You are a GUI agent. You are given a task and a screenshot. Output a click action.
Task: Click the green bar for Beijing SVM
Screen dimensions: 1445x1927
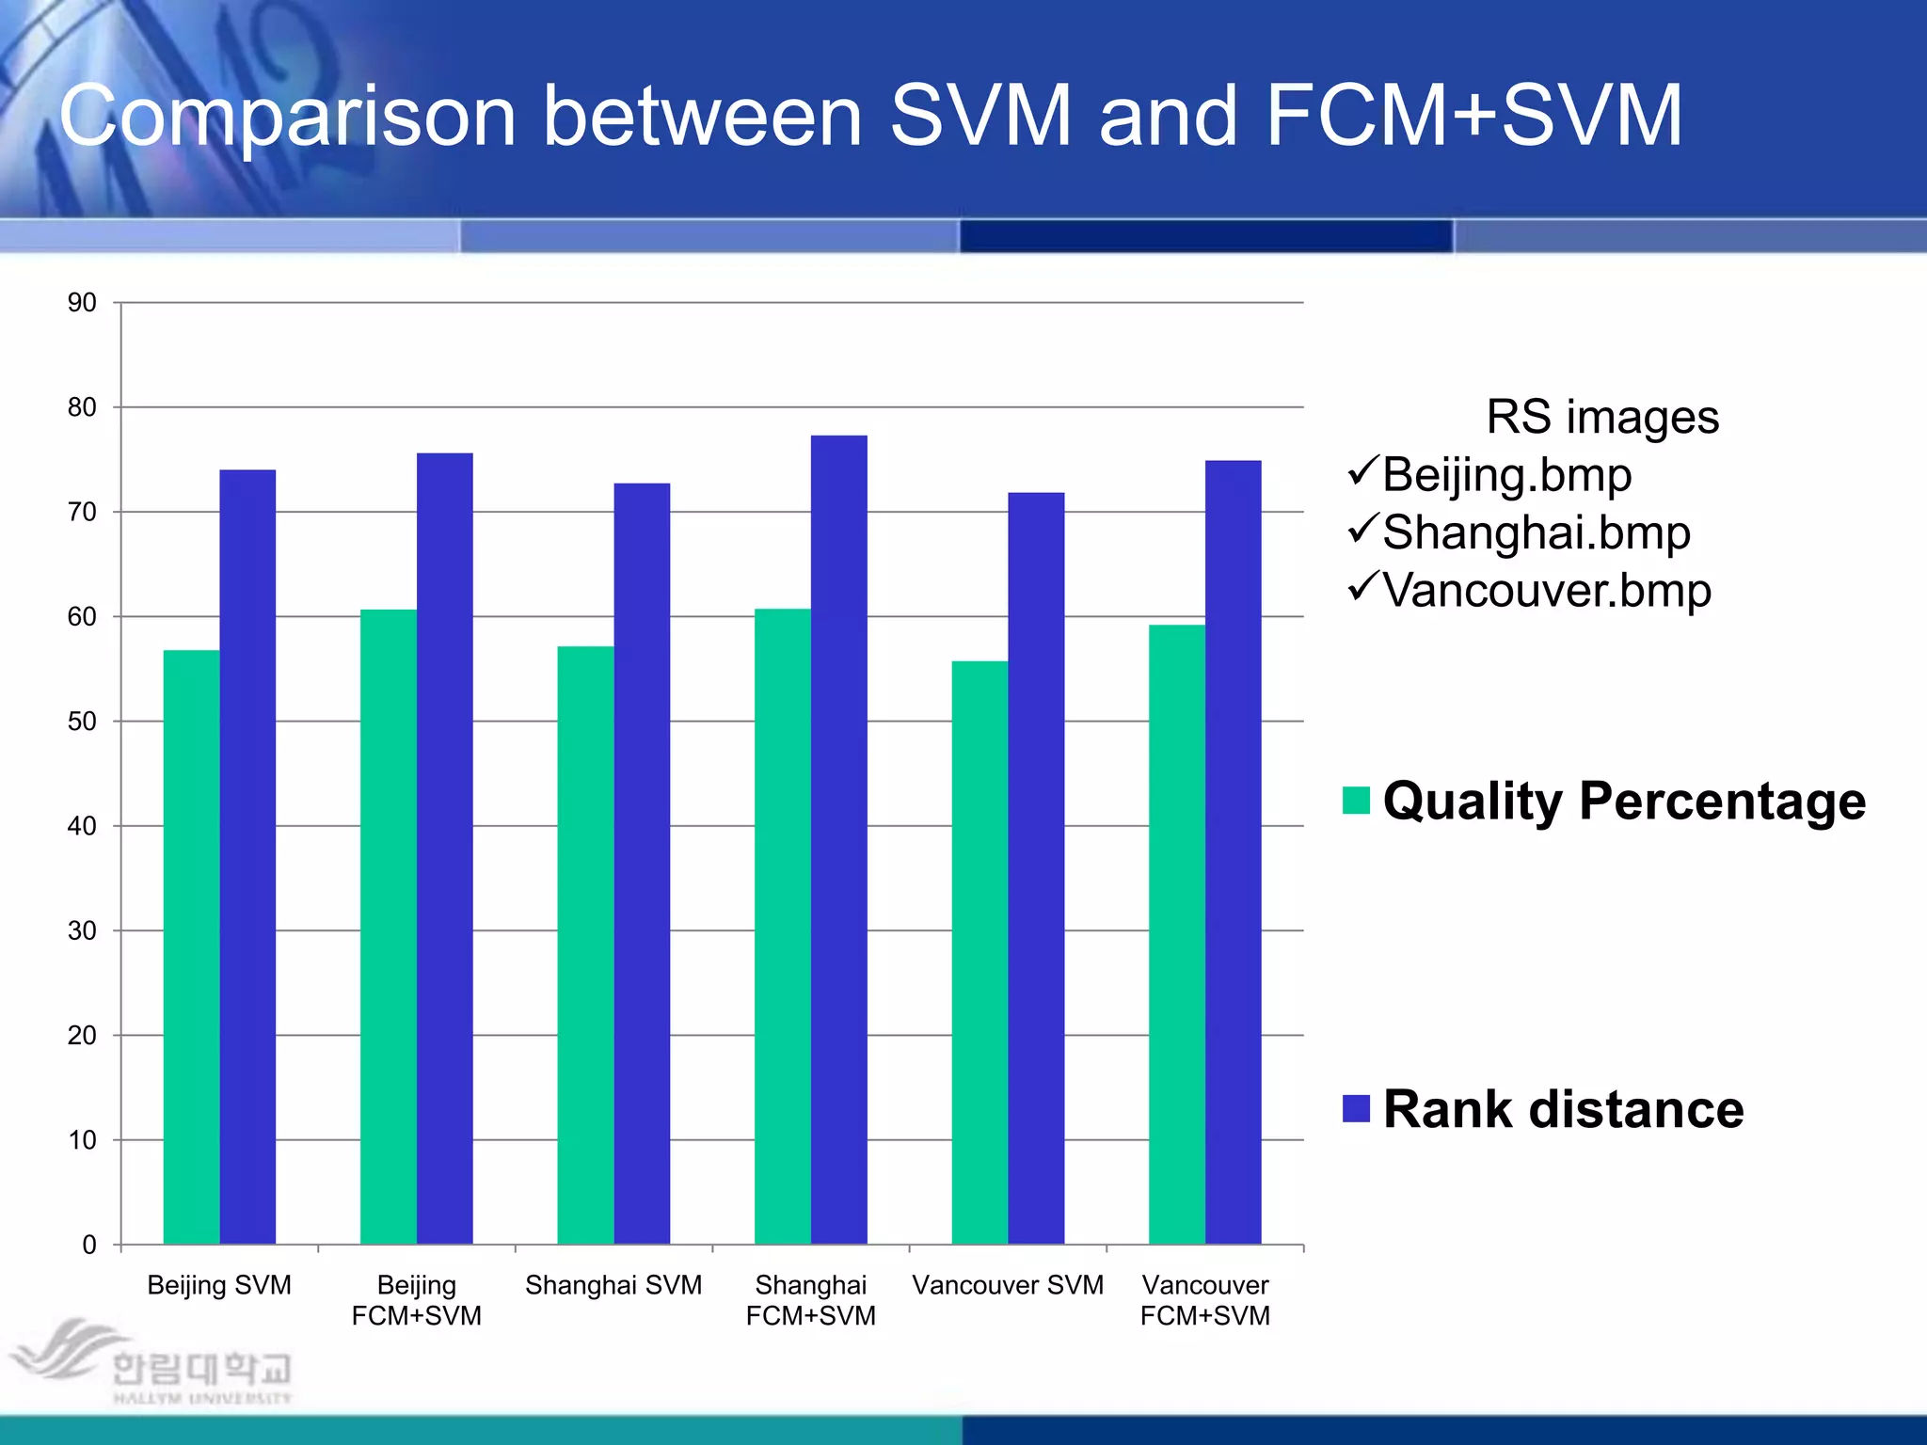(191, 945)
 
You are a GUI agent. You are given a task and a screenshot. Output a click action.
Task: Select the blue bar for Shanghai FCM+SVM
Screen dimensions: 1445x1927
(838, 837)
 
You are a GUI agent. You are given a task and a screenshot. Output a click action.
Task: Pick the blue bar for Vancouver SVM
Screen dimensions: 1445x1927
(1036, 865)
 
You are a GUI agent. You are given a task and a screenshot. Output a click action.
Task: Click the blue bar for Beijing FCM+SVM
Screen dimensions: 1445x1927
(444, 847)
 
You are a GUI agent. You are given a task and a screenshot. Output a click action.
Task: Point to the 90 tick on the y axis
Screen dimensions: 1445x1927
(82, 303)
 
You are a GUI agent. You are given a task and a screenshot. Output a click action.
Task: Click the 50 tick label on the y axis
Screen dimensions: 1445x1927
(82, 722)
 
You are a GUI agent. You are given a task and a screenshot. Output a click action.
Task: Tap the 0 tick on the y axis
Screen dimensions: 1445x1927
(89, 1245)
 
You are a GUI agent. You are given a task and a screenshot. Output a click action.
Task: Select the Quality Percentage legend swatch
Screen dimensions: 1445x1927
(1356, 801)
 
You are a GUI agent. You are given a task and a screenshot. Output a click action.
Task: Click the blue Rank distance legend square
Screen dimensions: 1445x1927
(1356, 1109)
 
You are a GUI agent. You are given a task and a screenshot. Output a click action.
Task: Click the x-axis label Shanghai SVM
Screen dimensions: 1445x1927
(613, 1285)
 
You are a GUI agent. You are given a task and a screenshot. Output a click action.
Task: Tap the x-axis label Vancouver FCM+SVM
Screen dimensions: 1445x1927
(1204, 1300)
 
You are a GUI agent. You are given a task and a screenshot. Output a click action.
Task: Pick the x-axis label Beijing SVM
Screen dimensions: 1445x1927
(219, 1285)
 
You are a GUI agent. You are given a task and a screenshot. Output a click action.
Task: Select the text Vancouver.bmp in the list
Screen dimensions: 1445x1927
(1546, 591)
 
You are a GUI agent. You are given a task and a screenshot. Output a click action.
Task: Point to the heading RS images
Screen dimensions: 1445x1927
(1601, 417)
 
